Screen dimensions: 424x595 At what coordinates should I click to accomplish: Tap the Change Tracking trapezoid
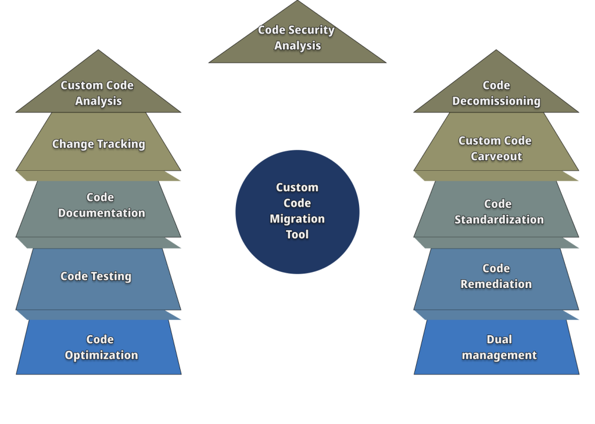point(98,143)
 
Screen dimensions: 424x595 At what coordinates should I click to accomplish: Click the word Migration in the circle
point(297,219)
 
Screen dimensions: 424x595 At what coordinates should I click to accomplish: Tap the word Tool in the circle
point(297,235)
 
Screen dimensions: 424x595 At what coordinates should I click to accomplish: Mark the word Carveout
point(496,157)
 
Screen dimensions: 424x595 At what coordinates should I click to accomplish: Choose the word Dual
point(499,340)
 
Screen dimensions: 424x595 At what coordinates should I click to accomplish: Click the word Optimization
point(101,355)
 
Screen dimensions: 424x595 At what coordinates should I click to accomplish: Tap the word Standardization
point(499,220)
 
